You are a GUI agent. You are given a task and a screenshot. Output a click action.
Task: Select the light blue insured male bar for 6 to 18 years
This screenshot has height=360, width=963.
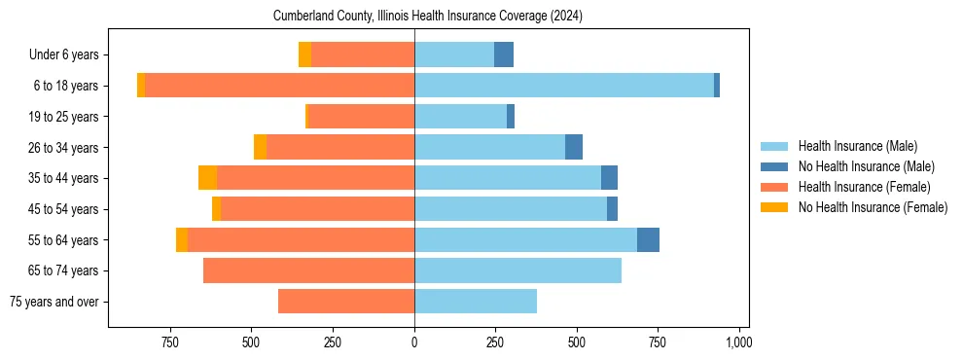click(564, 86)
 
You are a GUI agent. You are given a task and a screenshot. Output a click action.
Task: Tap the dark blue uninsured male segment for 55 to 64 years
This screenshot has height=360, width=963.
click(648, 239)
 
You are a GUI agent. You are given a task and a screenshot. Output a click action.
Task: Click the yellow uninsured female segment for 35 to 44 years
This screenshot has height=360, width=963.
click(207, 178)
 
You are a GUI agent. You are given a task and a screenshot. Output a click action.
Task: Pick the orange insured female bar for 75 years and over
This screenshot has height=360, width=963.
click(346, 302)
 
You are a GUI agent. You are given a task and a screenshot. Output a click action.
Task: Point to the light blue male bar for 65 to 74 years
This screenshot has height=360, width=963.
click(517, 270)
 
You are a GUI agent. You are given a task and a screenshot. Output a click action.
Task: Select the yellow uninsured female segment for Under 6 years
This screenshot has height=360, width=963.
click(304, 54)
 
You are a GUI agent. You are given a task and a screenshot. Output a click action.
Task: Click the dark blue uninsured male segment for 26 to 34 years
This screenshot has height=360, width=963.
click(574, 147)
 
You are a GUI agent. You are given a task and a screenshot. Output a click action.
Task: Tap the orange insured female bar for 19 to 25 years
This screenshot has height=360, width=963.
click(361, 117)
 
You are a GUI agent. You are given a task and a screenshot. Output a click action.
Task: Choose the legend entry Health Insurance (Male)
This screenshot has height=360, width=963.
click(857, 146)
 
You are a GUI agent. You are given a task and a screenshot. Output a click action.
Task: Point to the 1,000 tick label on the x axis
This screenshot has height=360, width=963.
click(738, 342)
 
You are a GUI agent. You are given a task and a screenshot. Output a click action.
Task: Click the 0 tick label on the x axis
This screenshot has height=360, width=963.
click(414, 342)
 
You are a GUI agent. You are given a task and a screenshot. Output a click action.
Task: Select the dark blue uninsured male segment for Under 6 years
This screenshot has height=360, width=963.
click(504, 54)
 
